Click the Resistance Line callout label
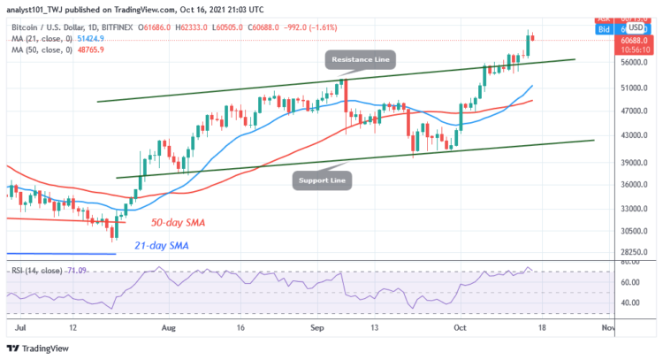(361, 60)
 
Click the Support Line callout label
(324, 181)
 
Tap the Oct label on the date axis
(460, 327)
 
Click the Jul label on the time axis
(19, 327)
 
